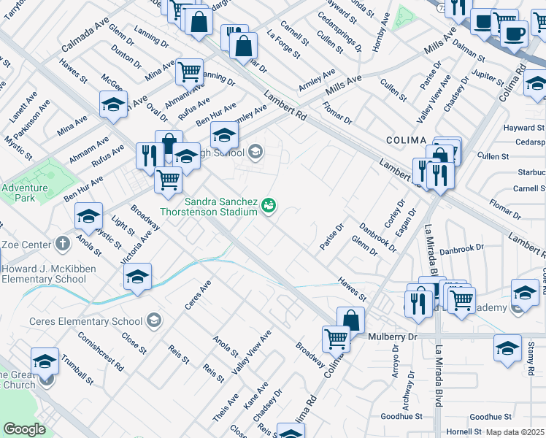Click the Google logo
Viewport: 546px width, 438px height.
[x=24, y=429]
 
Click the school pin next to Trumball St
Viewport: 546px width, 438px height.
[x=45, y=361]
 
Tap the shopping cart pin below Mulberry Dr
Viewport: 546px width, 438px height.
[x=336, y=339]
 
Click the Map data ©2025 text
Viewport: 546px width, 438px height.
[x=515, y=432]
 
